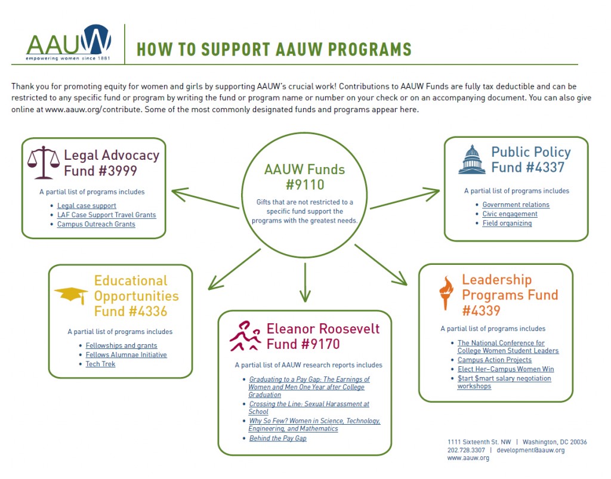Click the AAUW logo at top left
(x=69, y=42)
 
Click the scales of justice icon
(x=44, y=163)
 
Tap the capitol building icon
(x=472, y=160)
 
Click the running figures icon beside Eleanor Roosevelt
(x=245, y=336)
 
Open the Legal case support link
(x=87, y=206)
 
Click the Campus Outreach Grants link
(x=96, y=224)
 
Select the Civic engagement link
(x=510, y=214)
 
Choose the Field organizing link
(x=507, y=223)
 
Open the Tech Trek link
(x=100, y=364)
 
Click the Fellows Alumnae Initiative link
(x=126, y=355)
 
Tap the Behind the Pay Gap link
(x=278, y=438)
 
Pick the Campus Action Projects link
(x=495, y=360)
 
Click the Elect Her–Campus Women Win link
(x=506, y=369)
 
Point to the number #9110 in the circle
(x=305, y=184)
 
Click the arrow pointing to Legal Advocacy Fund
(x=205, y=198)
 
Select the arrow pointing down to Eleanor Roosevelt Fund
(x=305, y=282)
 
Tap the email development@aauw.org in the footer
(x=530, y=450)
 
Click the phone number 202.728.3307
(x=466, y=450)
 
